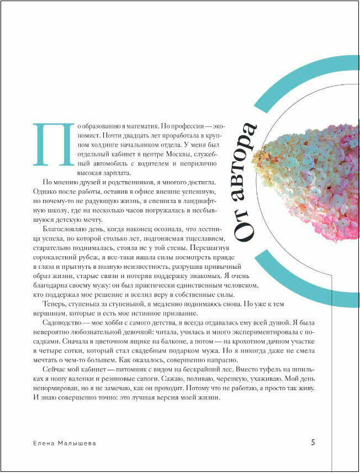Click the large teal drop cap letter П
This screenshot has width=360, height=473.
[x=54, y=144]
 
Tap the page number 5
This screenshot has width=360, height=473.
[x=313, y=442]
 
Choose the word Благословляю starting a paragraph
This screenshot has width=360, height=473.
[x=60, y=229]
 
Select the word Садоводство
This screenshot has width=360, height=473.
[x=57, y=323]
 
